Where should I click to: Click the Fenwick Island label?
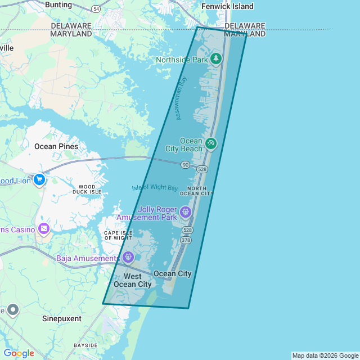(227, 6)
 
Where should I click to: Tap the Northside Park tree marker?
(216, 59)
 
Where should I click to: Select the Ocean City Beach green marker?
(211, 144)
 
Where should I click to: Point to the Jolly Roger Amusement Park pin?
(186, 213)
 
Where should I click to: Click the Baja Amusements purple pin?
(129, 258)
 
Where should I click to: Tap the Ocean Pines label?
(56, 146)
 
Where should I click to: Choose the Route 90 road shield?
(185, 165)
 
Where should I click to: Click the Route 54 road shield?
(96, 9)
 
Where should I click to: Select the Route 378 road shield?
(186, 240)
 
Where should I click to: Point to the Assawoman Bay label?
(181, 98)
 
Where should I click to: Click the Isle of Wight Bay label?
(155, 187)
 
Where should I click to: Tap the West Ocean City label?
(133, 280)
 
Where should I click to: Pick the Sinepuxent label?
(62, 318)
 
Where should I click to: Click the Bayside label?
(86, 345)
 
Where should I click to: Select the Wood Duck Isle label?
(87, 189)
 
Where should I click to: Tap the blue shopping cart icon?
(39, 180)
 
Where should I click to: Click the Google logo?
(19, 353)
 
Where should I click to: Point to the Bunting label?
(58, 5)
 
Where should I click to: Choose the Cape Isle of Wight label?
(118, 235)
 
